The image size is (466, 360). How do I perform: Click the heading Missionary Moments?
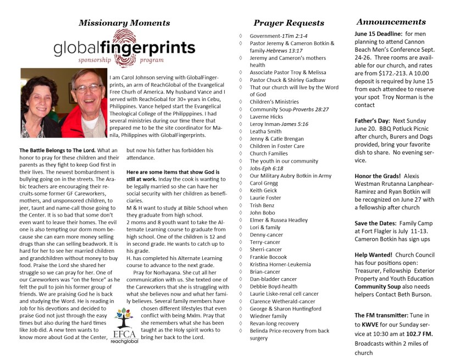[x=124, y=23]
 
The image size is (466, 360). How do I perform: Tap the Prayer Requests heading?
[x=289, y=23]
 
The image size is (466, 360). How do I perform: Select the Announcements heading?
[x=391, y=22]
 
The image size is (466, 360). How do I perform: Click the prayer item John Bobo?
[x=263, y=212]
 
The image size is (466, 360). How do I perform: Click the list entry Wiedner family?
[x=268, y=316]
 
